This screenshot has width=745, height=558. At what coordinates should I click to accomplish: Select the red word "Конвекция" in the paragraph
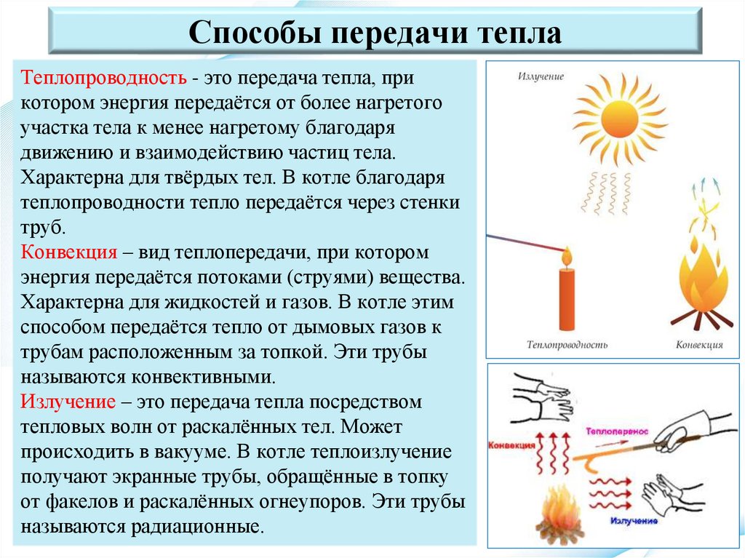click(x=69, y=252)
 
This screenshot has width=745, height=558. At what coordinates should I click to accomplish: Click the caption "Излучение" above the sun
click(x=541, y=76)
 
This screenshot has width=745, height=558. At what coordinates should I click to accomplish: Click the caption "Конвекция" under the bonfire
click(x=699, y=344)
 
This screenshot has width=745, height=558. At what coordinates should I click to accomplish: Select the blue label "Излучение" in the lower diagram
click(x=634, y=521)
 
